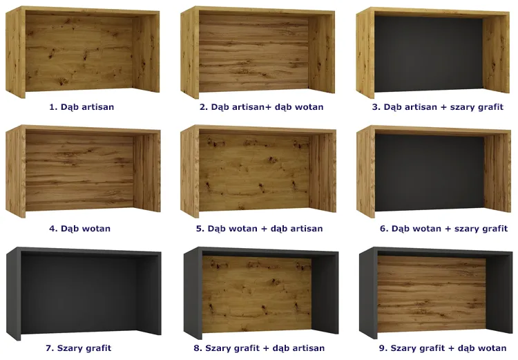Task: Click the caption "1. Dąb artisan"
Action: (81, 107)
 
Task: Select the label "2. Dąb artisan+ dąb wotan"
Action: (261, 107)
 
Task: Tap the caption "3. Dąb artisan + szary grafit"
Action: (438, 107)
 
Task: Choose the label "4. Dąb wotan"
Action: (79, 229)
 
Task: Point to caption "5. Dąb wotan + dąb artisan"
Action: (259, 229)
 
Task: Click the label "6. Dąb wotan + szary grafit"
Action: (443, 229)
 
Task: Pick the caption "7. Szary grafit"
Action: (78, 348)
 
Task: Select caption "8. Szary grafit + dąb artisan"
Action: (259, 348)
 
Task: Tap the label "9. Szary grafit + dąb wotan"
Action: (443, 348)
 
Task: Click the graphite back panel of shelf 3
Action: (428, 54)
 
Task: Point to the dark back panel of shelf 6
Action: (430, 173)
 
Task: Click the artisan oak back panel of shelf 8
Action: (257, 294)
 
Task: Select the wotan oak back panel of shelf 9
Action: (432, 294)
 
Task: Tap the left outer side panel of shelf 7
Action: (14, 294)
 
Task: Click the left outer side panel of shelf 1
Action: (15, 53)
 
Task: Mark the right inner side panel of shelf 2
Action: (321, 54)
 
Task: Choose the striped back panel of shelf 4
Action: (79, 172)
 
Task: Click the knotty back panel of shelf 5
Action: (254, 172)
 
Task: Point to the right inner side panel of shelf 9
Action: (499, 294)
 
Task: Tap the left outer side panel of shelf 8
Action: (193, 294)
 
